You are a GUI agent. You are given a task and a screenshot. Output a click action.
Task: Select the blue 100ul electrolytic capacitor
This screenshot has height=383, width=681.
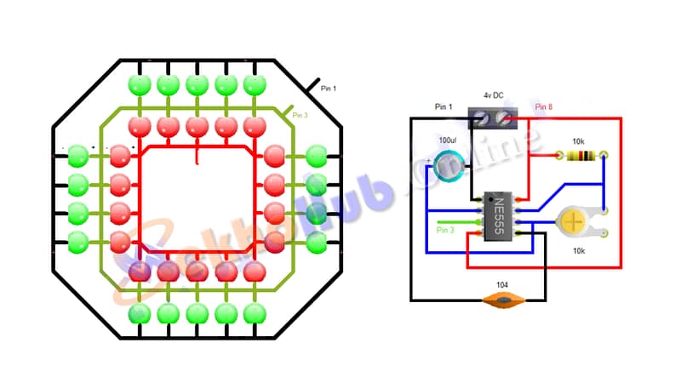[x=446, y=165]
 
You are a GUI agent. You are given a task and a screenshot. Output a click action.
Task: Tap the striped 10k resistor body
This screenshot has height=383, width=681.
[x=581, y=156]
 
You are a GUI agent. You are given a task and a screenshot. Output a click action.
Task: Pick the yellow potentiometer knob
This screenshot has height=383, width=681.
[x=574, y=222]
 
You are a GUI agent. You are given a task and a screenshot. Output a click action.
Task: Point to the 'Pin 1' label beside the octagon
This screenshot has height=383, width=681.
[x=329, y=88]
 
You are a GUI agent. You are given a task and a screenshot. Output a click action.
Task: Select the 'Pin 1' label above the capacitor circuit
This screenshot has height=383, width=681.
[x=445, y=107]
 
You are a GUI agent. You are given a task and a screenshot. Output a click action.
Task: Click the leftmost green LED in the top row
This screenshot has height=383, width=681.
[x=138, y=84]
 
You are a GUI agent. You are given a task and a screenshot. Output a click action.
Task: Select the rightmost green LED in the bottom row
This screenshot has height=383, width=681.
[x=254, y=313]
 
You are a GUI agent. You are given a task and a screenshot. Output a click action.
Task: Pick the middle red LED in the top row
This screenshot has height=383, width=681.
[x=197, y=128]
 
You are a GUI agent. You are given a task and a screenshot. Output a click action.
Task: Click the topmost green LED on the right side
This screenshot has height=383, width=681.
[x=317, y=156]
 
